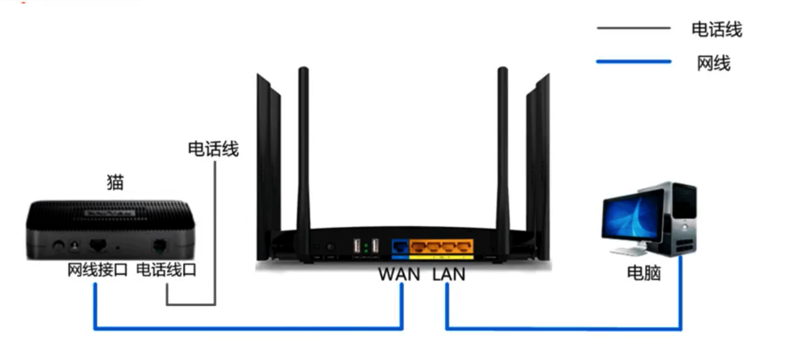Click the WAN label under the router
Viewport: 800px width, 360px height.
tap(399, 274)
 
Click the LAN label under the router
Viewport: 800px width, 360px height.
tap(448, 274)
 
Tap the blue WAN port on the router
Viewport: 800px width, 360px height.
tap(399, 245)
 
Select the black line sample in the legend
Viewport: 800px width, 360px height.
tap(634, 28)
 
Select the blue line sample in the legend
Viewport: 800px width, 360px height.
tap(634, 62)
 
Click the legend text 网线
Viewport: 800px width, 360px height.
tap(714, 62)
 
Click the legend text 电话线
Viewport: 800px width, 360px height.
tap(717, 29)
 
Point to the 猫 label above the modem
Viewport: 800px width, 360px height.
tap(115, 182)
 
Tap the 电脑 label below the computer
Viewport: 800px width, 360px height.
tap(644, 273)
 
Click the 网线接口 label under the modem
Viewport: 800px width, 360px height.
tap(97, 270)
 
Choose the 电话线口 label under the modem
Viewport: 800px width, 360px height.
tap(166, 270)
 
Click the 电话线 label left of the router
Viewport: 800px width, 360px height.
tap(213, 149)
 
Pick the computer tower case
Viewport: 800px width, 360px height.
tap(679, 218)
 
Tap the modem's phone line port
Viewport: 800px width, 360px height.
tap(160, 245)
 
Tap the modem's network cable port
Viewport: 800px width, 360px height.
tap(98, 245)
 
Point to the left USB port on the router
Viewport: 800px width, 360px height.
tap(357, 246)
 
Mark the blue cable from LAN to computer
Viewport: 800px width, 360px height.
tap(562, 328)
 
